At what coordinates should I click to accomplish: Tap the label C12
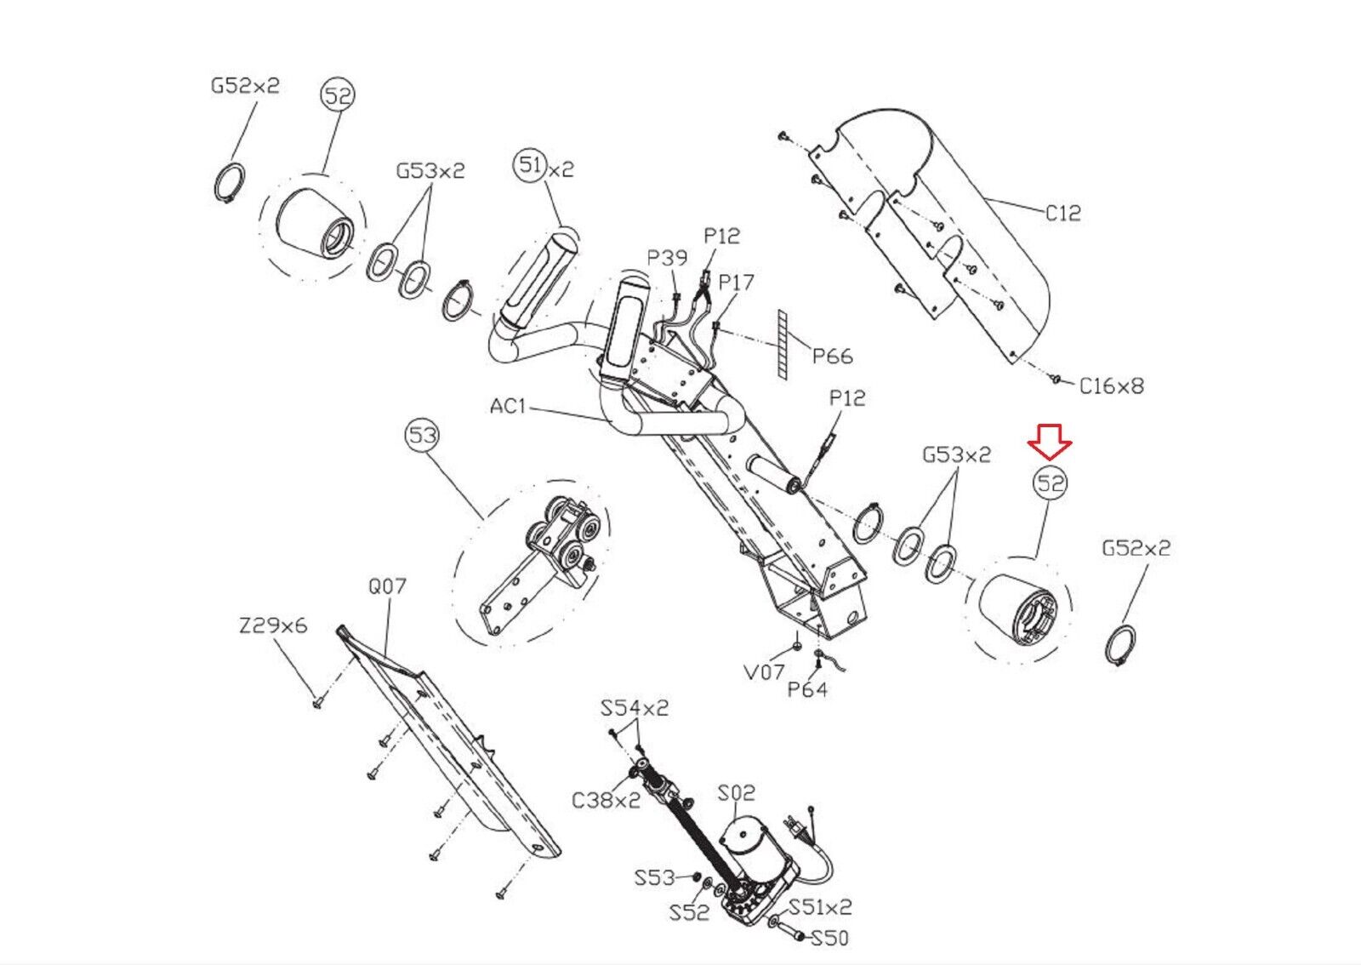1062,213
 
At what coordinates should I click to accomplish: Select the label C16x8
1111,386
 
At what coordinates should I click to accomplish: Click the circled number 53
422,437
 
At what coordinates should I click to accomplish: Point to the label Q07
387,586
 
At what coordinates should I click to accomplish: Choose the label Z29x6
272,626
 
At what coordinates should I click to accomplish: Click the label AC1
508,407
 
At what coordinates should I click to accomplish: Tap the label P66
831,356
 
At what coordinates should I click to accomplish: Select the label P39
667,258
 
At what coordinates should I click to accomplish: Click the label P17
736,282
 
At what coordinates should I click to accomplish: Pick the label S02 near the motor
736,793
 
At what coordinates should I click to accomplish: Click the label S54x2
634,708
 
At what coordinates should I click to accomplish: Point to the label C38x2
606,801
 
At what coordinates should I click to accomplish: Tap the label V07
764,672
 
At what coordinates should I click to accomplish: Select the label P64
806,689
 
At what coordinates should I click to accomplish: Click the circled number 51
530,164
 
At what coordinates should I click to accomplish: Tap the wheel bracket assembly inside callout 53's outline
544,562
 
